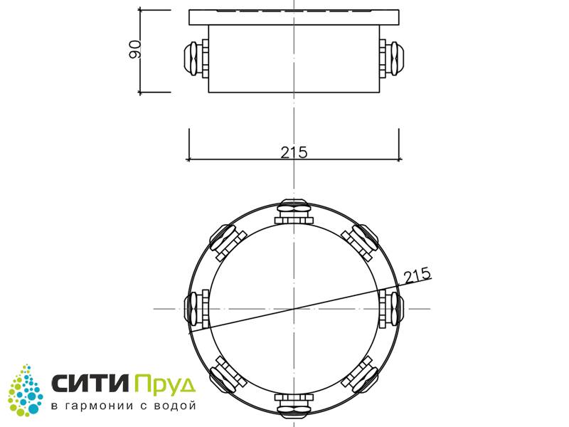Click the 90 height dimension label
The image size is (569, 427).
(135, 49)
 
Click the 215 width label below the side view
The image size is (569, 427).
(294, 152)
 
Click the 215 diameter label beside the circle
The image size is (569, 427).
(418, 275)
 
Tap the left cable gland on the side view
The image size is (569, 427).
(196, 58)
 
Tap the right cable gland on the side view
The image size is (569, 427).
(392, 58)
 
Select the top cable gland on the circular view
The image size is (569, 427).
(294, 211)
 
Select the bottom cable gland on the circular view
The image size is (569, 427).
(294, 404)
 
